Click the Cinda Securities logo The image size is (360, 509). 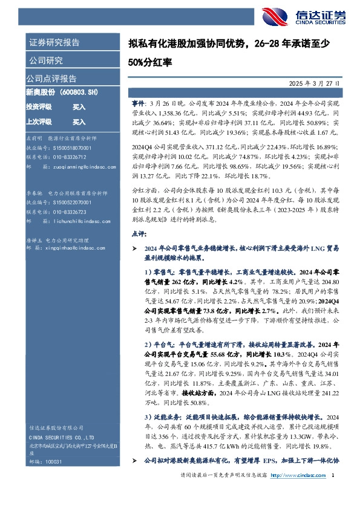point(296,15)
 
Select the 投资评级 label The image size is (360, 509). point(38,107)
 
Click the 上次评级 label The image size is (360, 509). point(38,122)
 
